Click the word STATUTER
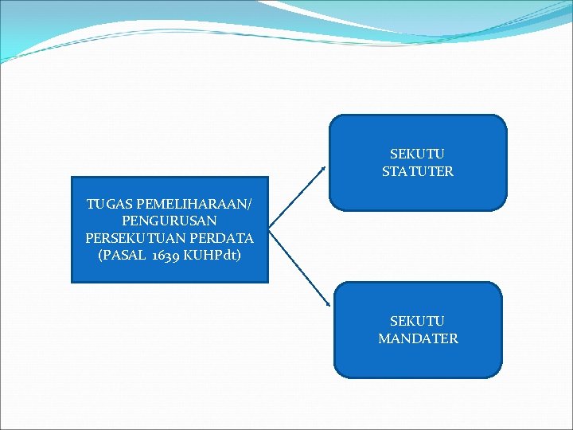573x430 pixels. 417,171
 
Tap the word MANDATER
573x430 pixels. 418,338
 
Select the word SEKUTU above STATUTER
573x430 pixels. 417,154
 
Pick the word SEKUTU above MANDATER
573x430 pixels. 417,321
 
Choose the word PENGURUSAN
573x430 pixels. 169,221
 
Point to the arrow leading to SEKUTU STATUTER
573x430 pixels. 297,198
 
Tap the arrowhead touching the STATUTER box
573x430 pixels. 323,168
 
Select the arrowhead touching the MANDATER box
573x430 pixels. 328,303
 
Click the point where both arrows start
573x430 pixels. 270,230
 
